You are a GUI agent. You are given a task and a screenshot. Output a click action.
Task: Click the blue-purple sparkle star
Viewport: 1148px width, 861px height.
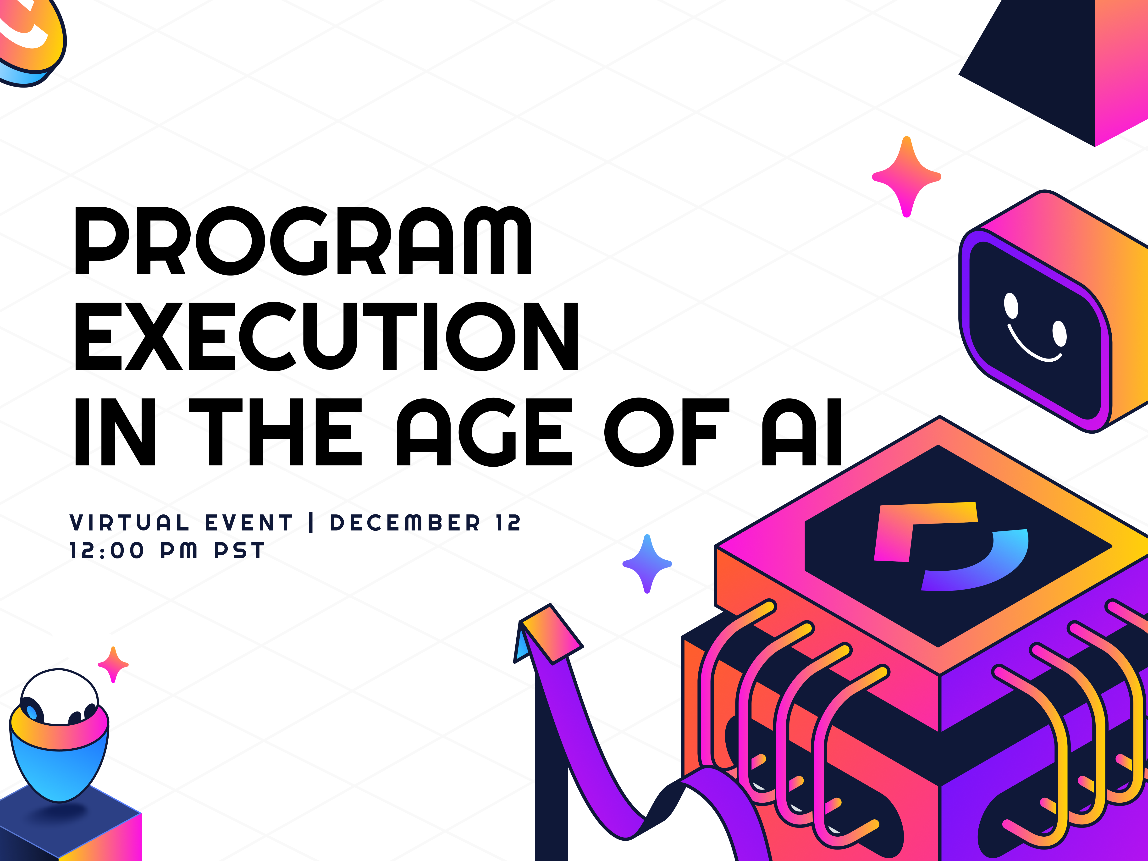647,564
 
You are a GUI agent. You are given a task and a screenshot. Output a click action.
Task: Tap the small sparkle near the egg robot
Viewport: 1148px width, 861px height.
113,664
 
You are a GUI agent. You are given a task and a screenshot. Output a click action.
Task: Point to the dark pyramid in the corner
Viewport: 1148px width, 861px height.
1033,67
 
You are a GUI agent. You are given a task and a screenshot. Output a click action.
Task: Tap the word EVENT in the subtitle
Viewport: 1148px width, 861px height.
249,523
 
